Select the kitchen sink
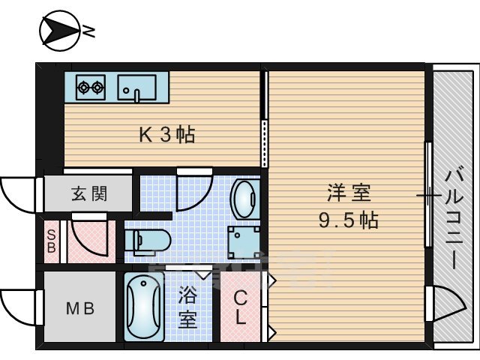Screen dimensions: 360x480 tap(136, 88)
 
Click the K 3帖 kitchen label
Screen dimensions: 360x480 tap(167, 135)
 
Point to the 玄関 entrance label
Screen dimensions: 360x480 tap(88, 194)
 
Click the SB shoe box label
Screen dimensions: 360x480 tap(51, 241)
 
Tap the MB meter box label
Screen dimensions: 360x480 tap(79, 308)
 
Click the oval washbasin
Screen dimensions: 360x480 tap(243, 198)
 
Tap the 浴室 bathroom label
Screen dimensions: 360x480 tap(187, 308)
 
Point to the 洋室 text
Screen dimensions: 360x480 tap(349, 193)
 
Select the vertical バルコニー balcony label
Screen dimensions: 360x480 tap(454, 217)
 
